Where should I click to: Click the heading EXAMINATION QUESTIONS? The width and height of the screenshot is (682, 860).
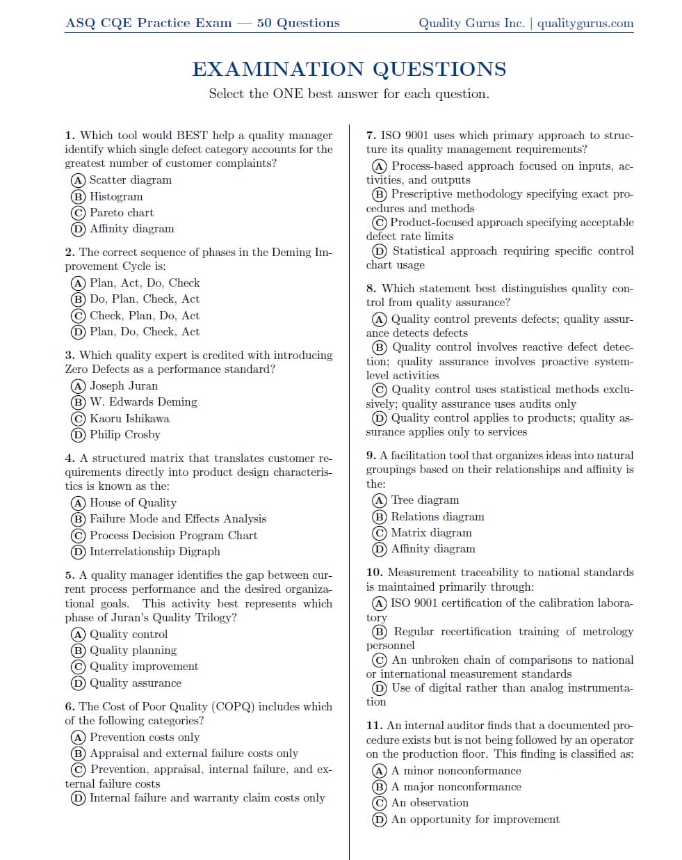[x=349, y=70]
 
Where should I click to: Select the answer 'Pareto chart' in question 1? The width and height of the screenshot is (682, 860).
[x=121, y=213]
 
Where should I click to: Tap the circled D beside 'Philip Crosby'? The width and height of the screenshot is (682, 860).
[x=78, y=435]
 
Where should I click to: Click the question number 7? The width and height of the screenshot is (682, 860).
[x=371, y=136]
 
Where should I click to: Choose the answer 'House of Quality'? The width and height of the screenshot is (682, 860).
[x=133, y=502]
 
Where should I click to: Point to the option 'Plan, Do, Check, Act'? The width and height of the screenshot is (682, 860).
[x=144, y=332]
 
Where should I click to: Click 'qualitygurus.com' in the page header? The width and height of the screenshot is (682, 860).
[x=585, y=23]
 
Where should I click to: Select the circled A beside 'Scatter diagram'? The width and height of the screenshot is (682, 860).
[x=78, y=180]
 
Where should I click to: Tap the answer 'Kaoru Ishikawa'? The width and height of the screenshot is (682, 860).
[x=129, y=419]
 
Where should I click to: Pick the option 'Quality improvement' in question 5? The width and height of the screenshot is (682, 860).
[x=144, y=667]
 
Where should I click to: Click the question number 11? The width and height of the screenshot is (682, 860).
[x=374, y=725]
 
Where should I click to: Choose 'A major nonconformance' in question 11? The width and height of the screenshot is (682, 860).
[x=456, y=787]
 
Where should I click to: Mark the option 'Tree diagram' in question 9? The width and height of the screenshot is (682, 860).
[x=425, y=500]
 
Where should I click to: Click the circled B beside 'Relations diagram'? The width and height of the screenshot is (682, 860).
[x=380, y=517]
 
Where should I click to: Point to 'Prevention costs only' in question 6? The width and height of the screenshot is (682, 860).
[x=145, y=737]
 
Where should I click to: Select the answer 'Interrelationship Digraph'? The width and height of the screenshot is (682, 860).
[x=154, y=552]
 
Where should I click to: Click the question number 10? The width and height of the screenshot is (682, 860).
[x=374, y=572]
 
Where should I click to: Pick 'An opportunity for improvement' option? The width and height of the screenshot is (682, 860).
[x=475, y=820]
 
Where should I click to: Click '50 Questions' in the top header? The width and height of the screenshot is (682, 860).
[x=298, y=23]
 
